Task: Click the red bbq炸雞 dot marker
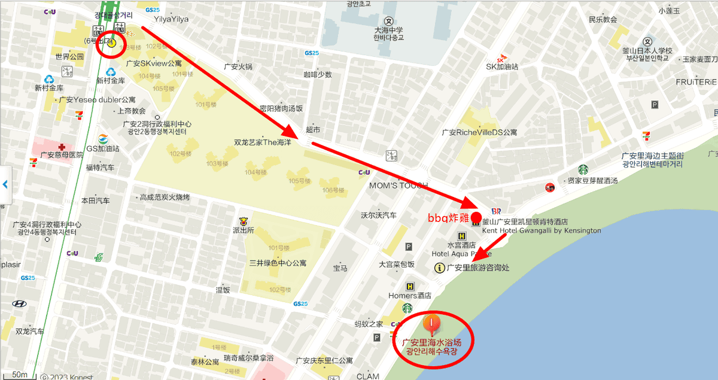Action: (x=476, y=217)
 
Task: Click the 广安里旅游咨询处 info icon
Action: (x=439, y=268)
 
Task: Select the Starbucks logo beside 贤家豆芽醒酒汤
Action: (x=583, y=169)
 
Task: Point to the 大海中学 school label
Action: (x=389, y=30)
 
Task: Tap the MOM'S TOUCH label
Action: (x=398, y=186)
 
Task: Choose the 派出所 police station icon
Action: (x=244, y=221)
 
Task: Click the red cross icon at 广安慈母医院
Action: (x=62, y=147)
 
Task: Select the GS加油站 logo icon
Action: (x=103, y=139)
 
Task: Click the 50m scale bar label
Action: (x=20, y=375)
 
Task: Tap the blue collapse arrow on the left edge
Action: (x=5, y=184)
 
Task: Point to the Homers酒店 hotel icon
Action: (x=410, y=287)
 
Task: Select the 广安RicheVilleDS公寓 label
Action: (x=479, y=132)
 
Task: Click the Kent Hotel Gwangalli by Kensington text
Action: (x=541, y=230)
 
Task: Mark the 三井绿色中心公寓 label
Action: (x=278, y=263)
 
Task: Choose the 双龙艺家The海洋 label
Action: (x=262, y=142)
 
